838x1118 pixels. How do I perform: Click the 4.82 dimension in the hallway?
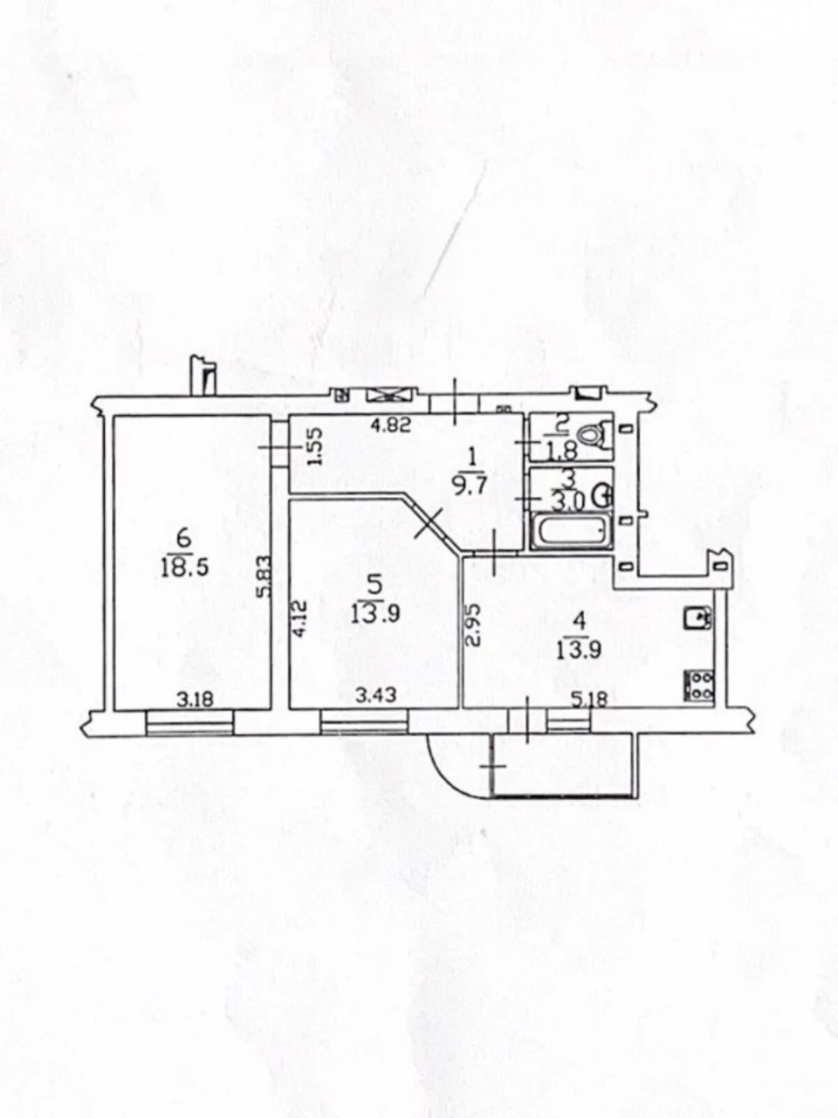(390, 424)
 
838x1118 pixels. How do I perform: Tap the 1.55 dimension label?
(315, 445)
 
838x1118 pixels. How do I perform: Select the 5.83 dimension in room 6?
(265, 576)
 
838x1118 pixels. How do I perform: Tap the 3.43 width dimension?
(375, 694)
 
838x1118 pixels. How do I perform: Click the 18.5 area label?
(184, 568)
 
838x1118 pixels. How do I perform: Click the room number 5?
(375, 585)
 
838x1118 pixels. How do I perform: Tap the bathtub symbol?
(572, 532)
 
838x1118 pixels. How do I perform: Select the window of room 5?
(364, 722)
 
